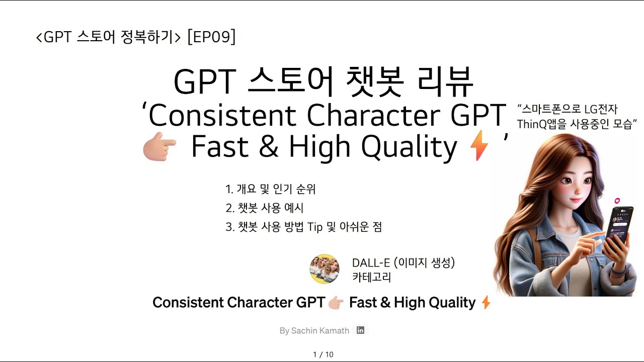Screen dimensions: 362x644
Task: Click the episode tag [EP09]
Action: pyautogui.click(x=211, y=37)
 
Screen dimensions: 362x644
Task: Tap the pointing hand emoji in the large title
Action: pyautogui.click(x=159, y=148)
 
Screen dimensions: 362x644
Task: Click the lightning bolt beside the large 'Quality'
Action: pyautogui.click(x=478, y=148)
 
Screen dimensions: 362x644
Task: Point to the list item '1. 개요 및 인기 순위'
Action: pyautogui.click(x=270, y=190)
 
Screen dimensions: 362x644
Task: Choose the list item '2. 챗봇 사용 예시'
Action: pyautogui.click(x=264, y=208)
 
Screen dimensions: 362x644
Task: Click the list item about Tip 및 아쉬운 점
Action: pyautogui.click(x=303, y=227)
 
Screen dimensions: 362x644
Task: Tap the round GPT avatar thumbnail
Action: pyautogui.click(x=324, y=269)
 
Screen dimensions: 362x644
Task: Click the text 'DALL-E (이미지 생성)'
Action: pyautogui.click(x=403, y=262)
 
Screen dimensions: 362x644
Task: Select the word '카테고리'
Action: pyautogui.click(x=371, y=277)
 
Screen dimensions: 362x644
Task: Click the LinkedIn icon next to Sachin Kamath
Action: pyautogui.click(x=360, y=330)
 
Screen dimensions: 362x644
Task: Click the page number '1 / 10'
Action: pyautogui.click(x=323, y=354)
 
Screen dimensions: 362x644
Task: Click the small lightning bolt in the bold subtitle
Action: pyautogui.click(x=486, y=303)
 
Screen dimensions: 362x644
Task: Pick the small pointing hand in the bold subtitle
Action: pyautogui.click(x=336, y=303)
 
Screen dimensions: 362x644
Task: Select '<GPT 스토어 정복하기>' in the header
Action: pyautogui.click(x=108, y=38)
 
